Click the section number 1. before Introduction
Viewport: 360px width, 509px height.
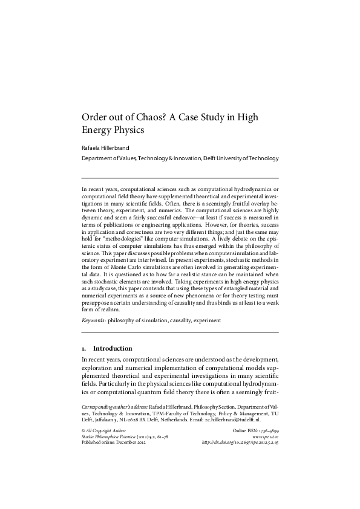click(x=85, y=349)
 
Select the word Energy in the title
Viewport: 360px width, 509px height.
click(x=96, y=129)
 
